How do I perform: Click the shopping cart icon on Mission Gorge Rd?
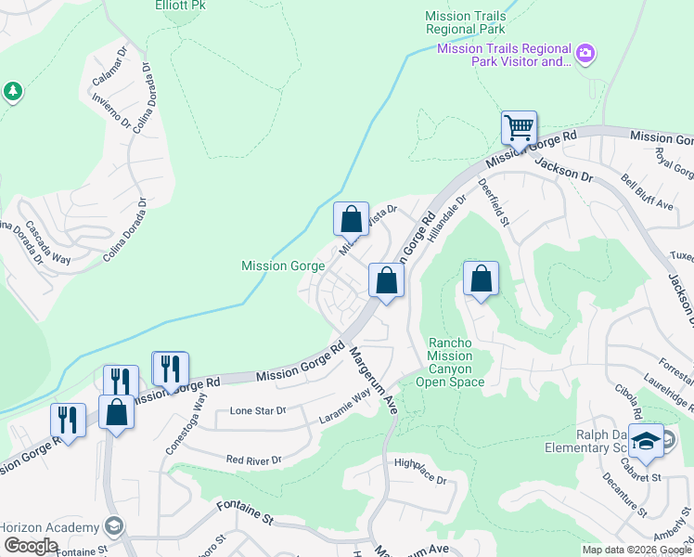click(x=519, y=127)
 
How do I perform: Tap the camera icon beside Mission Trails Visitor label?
click(x=585, y=55)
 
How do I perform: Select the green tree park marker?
click(x=13, y=91)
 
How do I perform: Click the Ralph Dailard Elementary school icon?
click(x=646, y=440)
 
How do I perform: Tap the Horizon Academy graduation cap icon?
click(x=113, y=526)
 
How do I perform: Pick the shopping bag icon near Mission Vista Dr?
click(x=351, y=220)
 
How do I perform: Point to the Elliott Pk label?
click(x=180, y=5)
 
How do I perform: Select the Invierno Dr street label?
click(x=112, y=112)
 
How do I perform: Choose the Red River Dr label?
click(x=253, y=460)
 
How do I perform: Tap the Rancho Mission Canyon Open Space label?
click(x=449, y=362)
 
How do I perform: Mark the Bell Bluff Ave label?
click(x=647, y=190)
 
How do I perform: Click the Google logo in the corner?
click(x=30, y=546)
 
